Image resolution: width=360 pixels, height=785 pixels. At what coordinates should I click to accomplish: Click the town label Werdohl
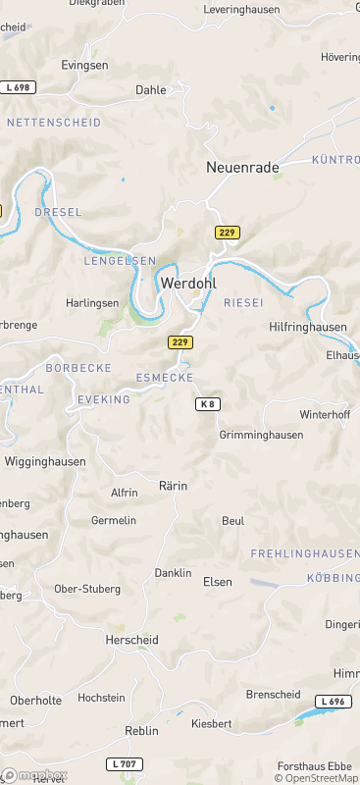pos(187,283)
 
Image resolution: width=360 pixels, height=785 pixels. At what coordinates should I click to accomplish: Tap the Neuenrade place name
pos(242,168)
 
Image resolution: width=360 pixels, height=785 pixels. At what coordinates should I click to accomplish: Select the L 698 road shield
pos(19,87)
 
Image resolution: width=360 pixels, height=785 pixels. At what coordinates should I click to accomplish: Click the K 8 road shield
pos(206,404)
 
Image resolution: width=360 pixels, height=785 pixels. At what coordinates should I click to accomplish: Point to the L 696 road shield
pos(333,702)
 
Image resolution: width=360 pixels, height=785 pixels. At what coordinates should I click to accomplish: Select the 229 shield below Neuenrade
pos(228,232)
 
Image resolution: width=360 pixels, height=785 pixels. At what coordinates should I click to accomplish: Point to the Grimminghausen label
pos(261,434)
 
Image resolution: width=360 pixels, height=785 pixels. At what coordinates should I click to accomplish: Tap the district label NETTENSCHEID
pos(54,123)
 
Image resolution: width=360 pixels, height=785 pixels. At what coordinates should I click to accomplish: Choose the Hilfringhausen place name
pos(307,327)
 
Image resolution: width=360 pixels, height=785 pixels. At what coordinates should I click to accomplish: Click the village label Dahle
pos(151,89)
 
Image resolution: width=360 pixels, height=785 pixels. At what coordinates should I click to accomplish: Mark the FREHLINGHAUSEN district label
pos(305,554)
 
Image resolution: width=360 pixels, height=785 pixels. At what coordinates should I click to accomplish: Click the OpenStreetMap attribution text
pos(316,778)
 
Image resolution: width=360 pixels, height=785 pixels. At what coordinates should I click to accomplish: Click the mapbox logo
pos(35,775)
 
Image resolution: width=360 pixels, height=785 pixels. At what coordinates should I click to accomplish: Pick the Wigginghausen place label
pos(45,461)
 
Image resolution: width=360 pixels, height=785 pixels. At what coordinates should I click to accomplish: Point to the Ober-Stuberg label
pos(87,589)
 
